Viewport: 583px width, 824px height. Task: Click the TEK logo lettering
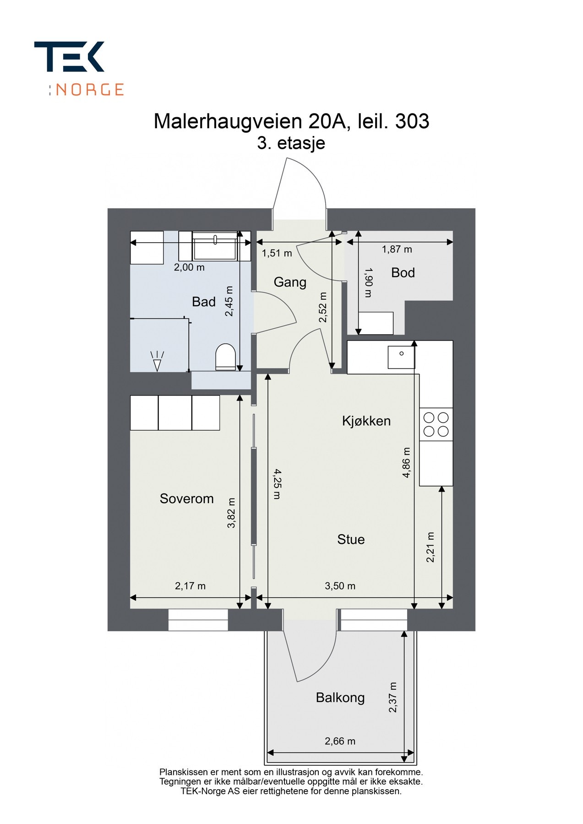point(69,57)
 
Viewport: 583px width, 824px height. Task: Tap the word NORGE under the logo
point(90,89)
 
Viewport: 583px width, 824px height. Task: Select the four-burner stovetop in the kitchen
point(436,424)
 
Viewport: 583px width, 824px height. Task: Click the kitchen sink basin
point(401,357)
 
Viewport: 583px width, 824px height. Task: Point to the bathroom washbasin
point(215,247)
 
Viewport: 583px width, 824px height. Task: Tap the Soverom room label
point(186,499)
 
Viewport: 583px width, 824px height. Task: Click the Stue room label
point(351,539)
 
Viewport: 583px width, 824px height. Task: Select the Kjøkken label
point(366,421)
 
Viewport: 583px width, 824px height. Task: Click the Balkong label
point(340,698)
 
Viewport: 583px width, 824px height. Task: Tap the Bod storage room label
point(403,273)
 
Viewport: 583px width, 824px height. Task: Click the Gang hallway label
point(290,282)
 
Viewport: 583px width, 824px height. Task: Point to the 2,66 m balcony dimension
point(340,741)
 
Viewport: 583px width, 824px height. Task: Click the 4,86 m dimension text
point(406,462)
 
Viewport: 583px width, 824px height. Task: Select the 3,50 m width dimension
point(340,586)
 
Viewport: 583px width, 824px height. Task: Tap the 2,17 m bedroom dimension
point(190,586)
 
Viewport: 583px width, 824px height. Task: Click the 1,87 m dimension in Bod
point(397,249)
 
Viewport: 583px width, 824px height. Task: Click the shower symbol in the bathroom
point(157,361)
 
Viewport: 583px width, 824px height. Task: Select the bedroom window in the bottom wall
point(198,620)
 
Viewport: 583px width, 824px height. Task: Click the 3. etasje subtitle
point(291,143)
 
